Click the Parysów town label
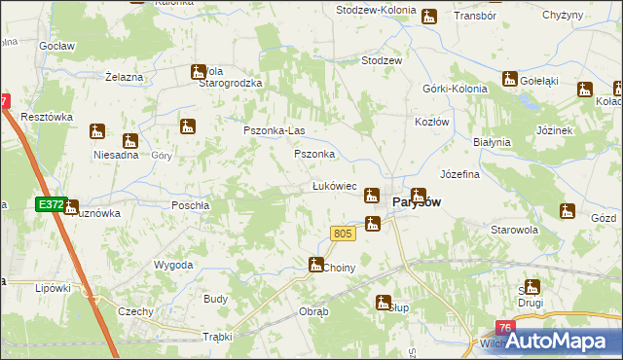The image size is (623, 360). click(417, 202)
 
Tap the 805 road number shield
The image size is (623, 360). click(341, 234)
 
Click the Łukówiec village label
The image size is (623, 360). click(334, 186)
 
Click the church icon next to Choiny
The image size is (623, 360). click(316, 264)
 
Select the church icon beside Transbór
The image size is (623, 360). click(428, 17)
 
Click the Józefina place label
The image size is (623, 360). click(460, 175)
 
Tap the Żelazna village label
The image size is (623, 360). click(124, 76)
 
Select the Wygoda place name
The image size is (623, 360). click(173, 265)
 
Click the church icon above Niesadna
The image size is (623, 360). click(128, 141)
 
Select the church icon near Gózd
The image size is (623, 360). click(568, 210)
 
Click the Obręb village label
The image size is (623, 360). click(314, 312)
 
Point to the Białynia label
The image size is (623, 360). click(492, 142)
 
